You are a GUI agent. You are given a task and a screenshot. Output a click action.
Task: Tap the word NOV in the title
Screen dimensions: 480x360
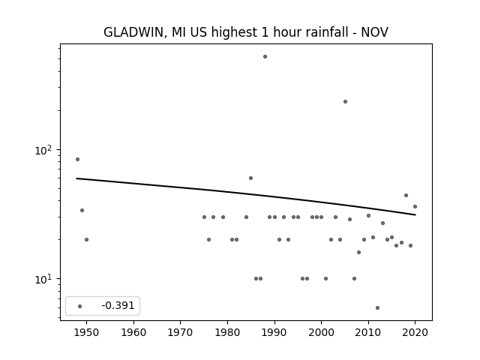[x=375, y=32]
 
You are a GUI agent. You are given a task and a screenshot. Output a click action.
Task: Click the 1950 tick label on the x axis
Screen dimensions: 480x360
[x=86, y=332]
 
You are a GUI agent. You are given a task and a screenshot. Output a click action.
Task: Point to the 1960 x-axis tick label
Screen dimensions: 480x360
[x=133, y=332]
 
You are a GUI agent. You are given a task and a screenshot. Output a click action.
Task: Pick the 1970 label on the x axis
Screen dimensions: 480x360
[x=180, y=332]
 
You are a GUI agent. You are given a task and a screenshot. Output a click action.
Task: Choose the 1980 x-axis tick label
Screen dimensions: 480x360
[x=227, y=332]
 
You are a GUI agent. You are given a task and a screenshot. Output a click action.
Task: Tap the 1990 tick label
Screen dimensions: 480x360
[x=274, y=332]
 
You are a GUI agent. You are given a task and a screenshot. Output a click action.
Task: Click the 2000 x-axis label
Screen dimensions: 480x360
[x=321, y=332]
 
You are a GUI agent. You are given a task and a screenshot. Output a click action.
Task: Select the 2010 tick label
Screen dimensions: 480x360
[x=368, y=332]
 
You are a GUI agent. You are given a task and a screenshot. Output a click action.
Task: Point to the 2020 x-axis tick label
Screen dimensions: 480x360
[x=415, y=332]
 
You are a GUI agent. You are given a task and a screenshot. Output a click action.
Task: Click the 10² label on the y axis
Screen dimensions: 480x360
[x=45, y=150]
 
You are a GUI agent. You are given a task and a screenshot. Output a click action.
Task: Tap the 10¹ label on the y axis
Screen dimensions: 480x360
[x=45, y=279]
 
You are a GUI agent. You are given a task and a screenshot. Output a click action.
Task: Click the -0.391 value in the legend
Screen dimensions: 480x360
[x=118, y=305]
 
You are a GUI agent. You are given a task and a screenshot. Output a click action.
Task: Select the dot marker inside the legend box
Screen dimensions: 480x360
[x=80, y=307]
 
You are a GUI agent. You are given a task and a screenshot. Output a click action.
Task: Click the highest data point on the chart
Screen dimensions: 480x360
[x=265, y=57]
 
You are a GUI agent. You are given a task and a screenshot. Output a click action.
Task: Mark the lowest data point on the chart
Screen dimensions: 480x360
[x=377, y=308]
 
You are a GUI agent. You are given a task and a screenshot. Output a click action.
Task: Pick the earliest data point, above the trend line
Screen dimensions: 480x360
[x=77, y=160]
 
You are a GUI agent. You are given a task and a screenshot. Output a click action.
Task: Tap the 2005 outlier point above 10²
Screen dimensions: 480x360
[x=345, y=102]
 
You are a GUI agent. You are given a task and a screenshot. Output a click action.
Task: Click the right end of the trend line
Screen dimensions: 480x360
[x=415, y=215]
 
